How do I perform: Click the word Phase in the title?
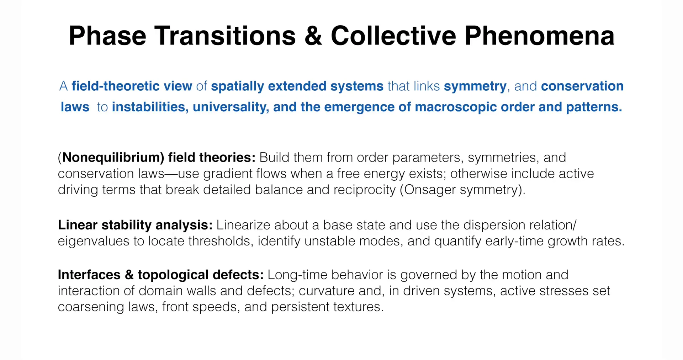click(x=107, y=36)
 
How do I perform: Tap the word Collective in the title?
click(x=393, y=36)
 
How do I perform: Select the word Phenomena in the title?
click(x=540, y=36)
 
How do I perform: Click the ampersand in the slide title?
click(x=313, y=36)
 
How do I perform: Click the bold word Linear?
click(x=78, y=225)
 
